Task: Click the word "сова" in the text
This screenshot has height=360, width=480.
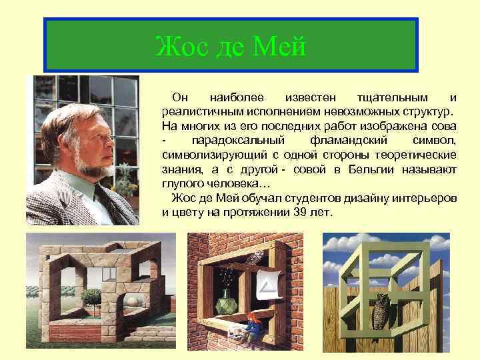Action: coord(443,126)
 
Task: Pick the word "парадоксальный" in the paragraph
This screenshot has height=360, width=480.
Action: coord(238,141)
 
